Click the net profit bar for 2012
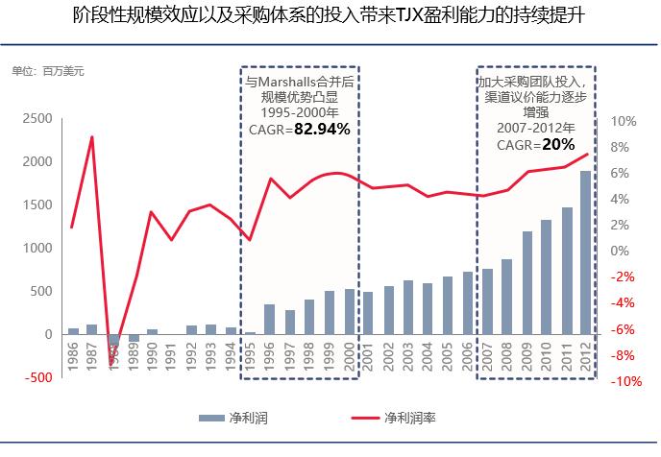585,253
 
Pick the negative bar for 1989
134,338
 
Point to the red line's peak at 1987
92,136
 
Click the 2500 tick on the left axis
37,118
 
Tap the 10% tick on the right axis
624,121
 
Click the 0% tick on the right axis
620,252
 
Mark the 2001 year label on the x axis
368,357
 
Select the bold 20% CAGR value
557,145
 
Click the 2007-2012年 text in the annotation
536,128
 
